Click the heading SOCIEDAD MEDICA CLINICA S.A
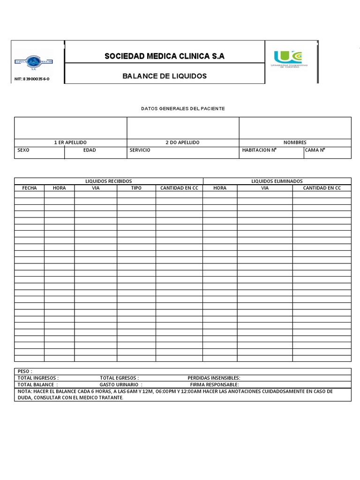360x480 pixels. point(165,56)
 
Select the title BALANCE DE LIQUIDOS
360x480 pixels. point(165,76)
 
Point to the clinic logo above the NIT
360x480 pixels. point(32,61)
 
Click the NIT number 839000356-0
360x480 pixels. point(32,79)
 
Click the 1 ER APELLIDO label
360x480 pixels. point(70,142)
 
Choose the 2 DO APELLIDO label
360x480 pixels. point(183,142)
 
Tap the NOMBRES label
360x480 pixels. point(295,142)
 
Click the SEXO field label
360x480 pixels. point(23,150)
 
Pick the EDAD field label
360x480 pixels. point(90,150)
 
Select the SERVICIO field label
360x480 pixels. point(140,150)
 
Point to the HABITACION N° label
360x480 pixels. point(259,150)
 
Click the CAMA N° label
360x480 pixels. point(316,150)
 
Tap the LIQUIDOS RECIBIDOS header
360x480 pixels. point(108,181)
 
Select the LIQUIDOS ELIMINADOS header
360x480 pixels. point(277,181)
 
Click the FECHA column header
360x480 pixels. point(30,188)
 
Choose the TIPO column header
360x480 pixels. point(136,188)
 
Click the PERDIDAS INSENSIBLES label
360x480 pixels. point(214,378)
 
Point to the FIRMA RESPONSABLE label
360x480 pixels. point(215,384)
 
